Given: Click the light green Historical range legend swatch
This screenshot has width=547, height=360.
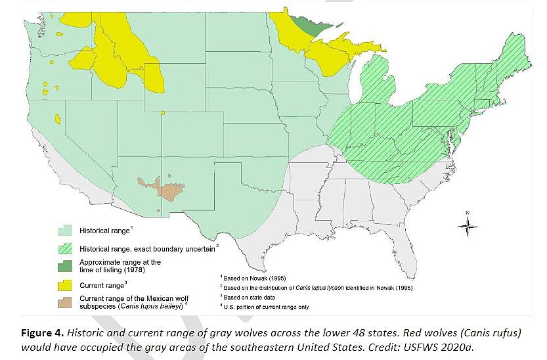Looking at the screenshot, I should (64, 231).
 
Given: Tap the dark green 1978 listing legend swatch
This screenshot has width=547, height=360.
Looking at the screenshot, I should (64, 265).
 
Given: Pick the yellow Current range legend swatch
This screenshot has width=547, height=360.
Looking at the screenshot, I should (64, 284).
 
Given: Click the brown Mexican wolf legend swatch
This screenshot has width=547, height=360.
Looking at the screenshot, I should (64, 302).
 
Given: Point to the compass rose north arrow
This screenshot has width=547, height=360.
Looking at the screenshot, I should (467, 226).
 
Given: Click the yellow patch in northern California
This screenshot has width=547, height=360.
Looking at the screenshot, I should (58, 120).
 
